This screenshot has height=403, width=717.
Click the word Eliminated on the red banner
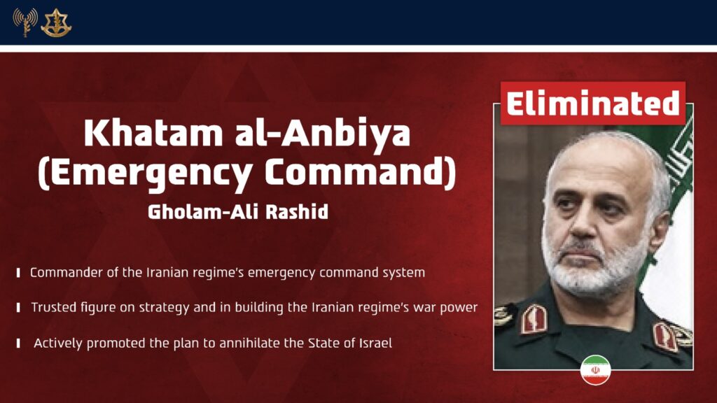pos(592,104)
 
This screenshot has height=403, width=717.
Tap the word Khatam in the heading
pos(153,133)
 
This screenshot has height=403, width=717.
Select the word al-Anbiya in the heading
pos(323,134)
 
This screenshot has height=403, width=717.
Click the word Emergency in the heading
pos(146,174)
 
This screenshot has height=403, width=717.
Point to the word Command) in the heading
pos(361,173)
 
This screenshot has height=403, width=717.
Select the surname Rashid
pos(297,212)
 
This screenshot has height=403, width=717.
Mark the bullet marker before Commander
pos(18,273)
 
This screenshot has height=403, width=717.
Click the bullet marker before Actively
pos(18,343)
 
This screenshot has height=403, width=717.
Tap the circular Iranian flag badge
pos(595,369)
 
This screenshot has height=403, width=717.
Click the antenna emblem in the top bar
pos(25,22)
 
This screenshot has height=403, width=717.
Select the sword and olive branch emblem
pos(56,23)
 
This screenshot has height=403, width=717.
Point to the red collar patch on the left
pos(534,318)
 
